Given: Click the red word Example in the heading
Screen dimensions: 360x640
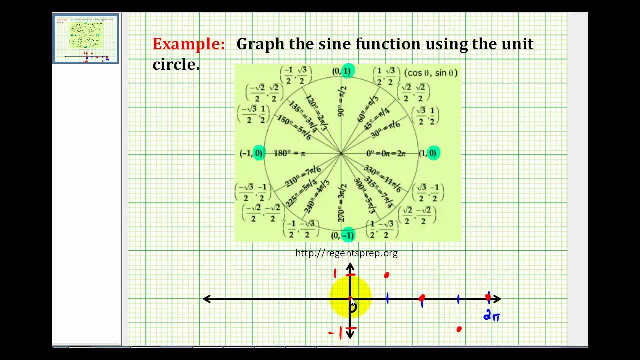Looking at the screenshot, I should click(188, 44).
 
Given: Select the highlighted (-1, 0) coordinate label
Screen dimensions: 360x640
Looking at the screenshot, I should click(252, 153).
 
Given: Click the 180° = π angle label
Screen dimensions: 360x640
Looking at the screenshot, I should click(289, 153).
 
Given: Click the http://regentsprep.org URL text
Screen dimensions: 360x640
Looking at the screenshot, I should click(346, 253).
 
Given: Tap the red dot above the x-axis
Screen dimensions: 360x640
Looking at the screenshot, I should click(386, 275).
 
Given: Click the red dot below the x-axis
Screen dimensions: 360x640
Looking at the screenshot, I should click(459, 329).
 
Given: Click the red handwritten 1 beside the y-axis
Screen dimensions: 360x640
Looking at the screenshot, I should click(336, 273).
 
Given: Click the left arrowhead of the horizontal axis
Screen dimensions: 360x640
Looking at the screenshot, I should click(206, 299).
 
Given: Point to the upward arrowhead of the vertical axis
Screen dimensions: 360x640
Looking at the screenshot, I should click(350, 267).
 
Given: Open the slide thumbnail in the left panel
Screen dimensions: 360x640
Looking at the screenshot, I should click(86, 38).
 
